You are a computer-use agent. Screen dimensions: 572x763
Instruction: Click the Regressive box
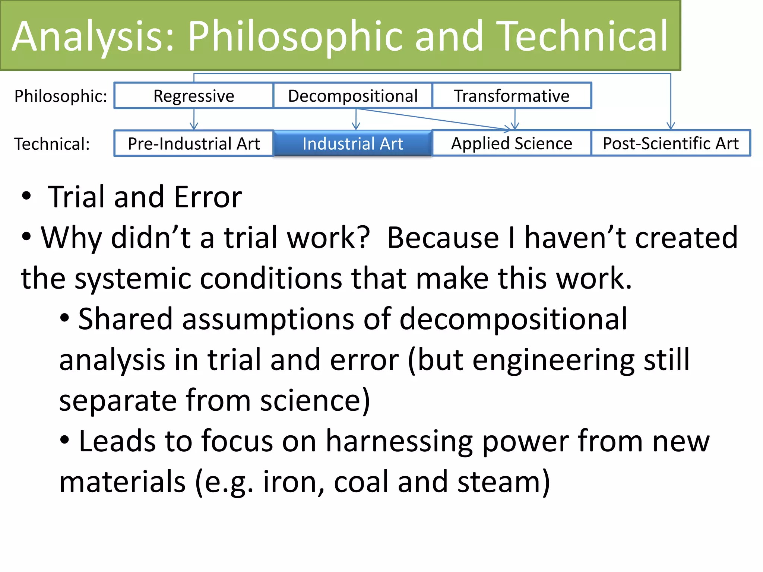coord(194,96)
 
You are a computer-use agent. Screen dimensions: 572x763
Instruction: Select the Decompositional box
coord(352,96)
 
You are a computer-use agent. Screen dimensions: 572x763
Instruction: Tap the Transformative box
coord(512,96)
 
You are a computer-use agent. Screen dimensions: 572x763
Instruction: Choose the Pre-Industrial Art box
coord(194,144)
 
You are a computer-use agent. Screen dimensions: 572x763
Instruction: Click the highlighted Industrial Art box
coord(352,144)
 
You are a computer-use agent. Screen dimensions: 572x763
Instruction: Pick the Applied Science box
coord(512,144)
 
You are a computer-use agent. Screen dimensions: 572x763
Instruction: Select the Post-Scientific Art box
coord(671,144)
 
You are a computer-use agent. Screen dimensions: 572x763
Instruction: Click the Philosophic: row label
coord(61,96)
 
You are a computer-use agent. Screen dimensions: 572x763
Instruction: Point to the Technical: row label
coord(52,144)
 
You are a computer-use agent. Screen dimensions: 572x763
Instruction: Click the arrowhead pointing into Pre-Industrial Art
coord(194,126)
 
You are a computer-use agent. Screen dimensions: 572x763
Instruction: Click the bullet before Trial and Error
coord(26,196)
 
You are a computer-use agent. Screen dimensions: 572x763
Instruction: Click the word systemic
coord(133,279)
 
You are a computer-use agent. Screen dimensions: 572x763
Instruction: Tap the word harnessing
coord(399,441)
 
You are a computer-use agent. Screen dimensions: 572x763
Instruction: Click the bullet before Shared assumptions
coord(64,318)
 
